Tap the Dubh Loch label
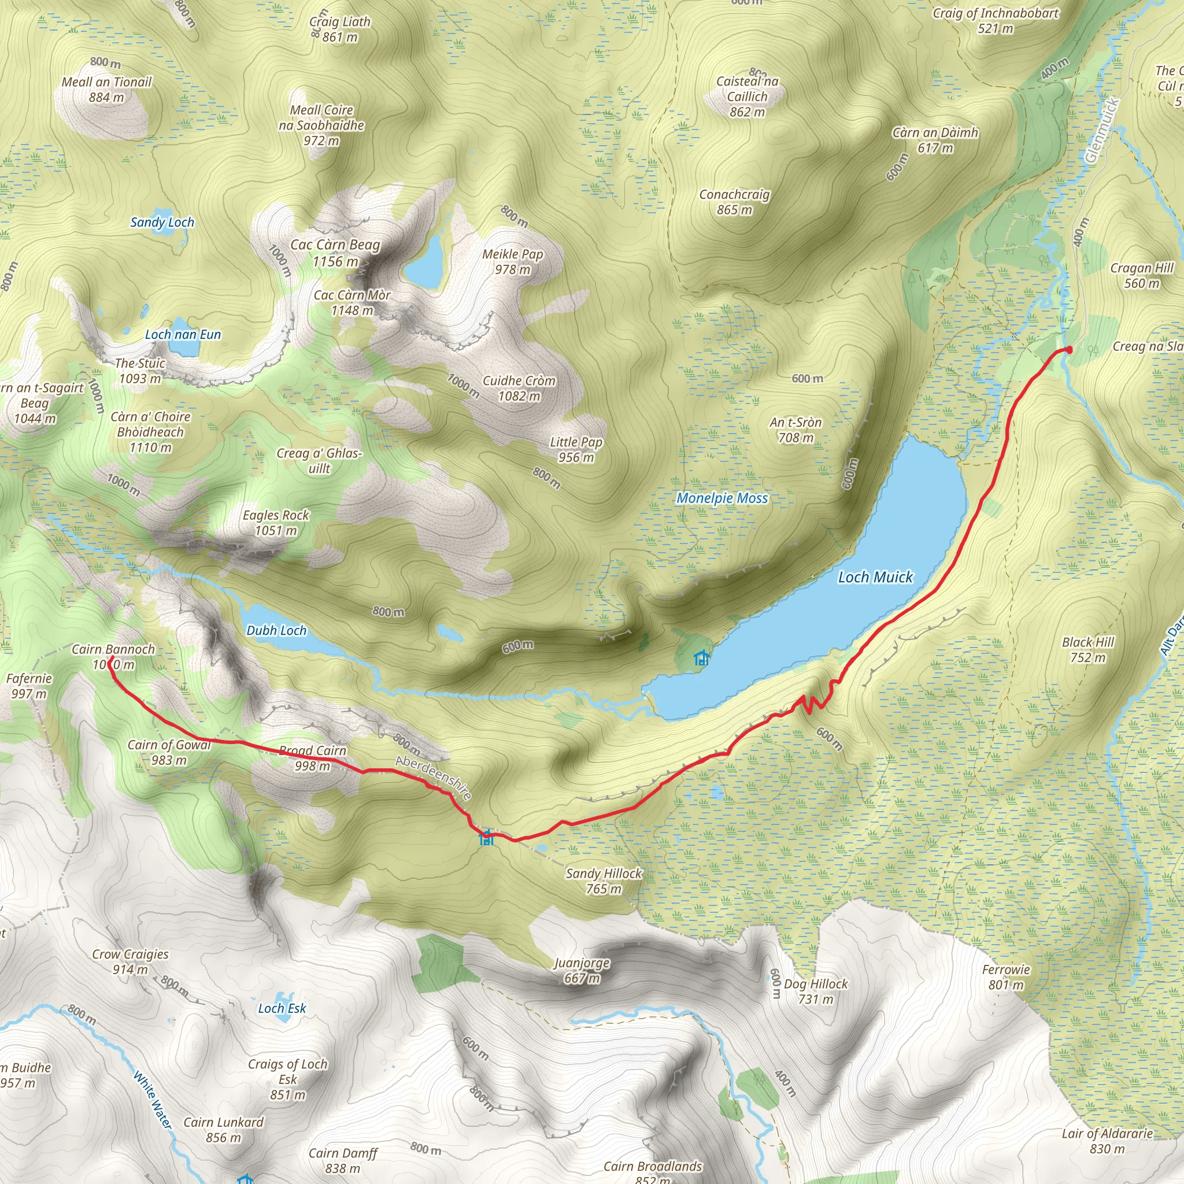(x=276, y=630)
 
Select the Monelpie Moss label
(x=722, y=498)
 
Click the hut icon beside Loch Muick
(x=701, y=659)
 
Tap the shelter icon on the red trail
(x=487, y=837)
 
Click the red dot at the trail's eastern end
(x=1069, y=349)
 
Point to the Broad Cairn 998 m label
(x=313, y=758)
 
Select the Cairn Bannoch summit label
(x=113, y=656)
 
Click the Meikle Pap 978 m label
(x=513, y=262)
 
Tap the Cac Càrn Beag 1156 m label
(x=335, y=253)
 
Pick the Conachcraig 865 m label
(x=734, y=202)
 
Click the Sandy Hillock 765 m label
(x=604, y=880)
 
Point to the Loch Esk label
(x=282, y=1008)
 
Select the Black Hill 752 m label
(x=1088, y=650)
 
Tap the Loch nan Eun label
(x=183, y=334)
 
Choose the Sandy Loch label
(x=162, y=222)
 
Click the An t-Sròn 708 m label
(x=795, y=430)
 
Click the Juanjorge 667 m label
(x=582, y=970)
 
